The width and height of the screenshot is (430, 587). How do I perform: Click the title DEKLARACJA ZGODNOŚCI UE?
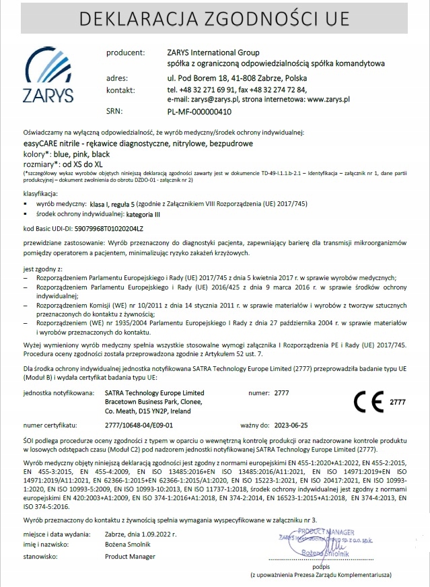pyautogui.click(x=215, y=20)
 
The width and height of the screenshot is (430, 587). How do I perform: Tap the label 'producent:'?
pyautogui.click(x=125, y=52)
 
